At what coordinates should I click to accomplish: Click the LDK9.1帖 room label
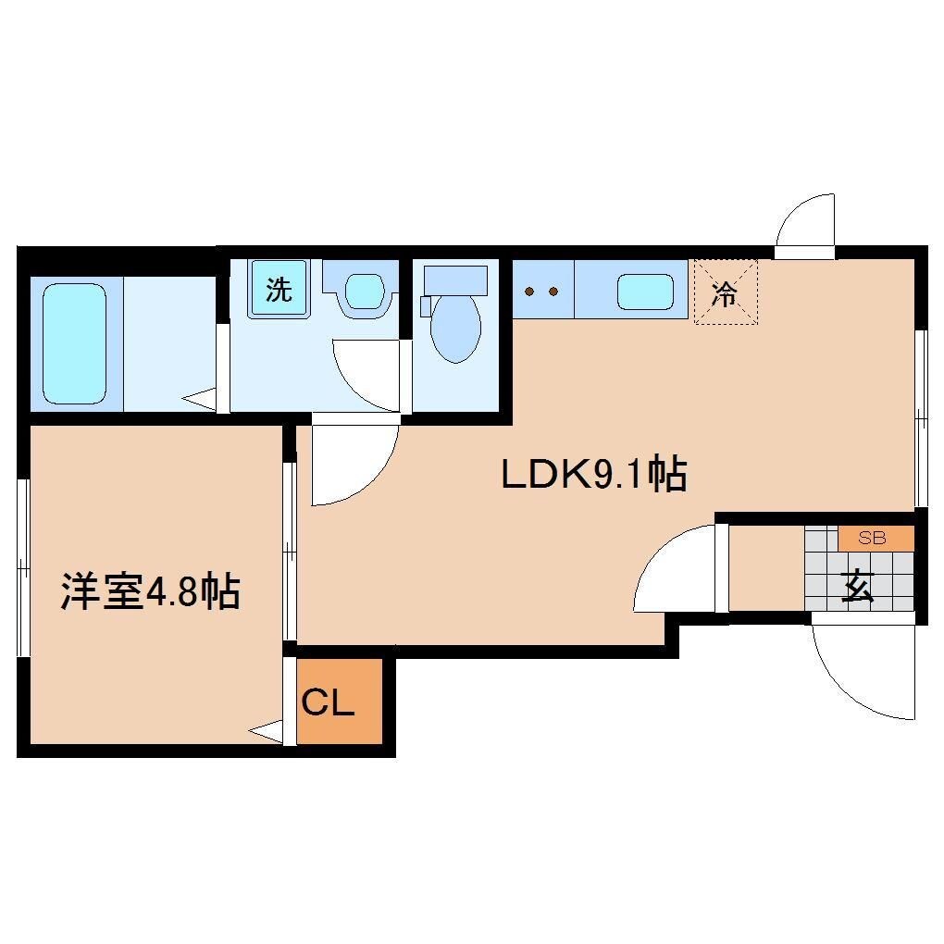pos(592,475)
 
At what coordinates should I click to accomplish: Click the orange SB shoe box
pos(876,538)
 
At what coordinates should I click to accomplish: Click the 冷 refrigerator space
pos(726,292)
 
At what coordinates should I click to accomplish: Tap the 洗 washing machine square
pos(279,290)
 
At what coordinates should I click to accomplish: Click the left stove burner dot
pos(529,292)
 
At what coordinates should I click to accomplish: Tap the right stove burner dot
pos(553,292)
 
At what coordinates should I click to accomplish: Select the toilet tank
pos(454,279)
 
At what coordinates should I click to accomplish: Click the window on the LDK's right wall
pos(920,416)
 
